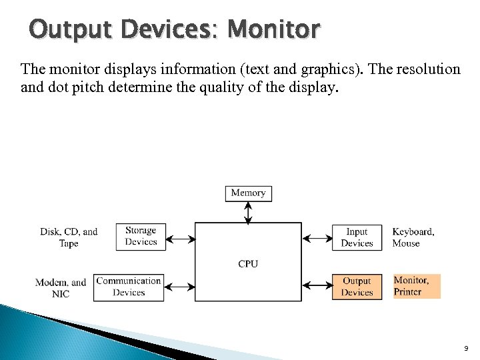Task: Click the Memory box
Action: click(x=248, y=193)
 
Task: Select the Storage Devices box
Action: click(x=141, y=237)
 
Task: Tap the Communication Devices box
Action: click(x=129, y=287)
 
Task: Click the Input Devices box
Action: click(x=357, y=237)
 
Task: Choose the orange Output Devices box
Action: click(x=357, y=287)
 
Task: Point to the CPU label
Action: click(x=248, y=263)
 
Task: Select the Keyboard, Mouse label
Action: click(x=413, y=237)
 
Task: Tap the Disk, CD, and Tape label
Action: click(x=69, y=237)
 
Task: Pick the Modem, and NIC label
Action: click(x=61, y=287)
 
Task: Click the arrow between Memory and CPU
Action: click(x=248, y=212)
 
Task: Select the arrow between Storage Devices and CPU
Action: click(x=179, y=237)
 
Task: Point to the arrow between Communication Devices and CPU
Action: click(x=179, y=287)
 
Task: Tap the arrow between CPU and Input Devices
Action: click(x=317, y=237)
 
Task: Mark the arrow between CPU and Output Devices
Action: click(x=317, y=287)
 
